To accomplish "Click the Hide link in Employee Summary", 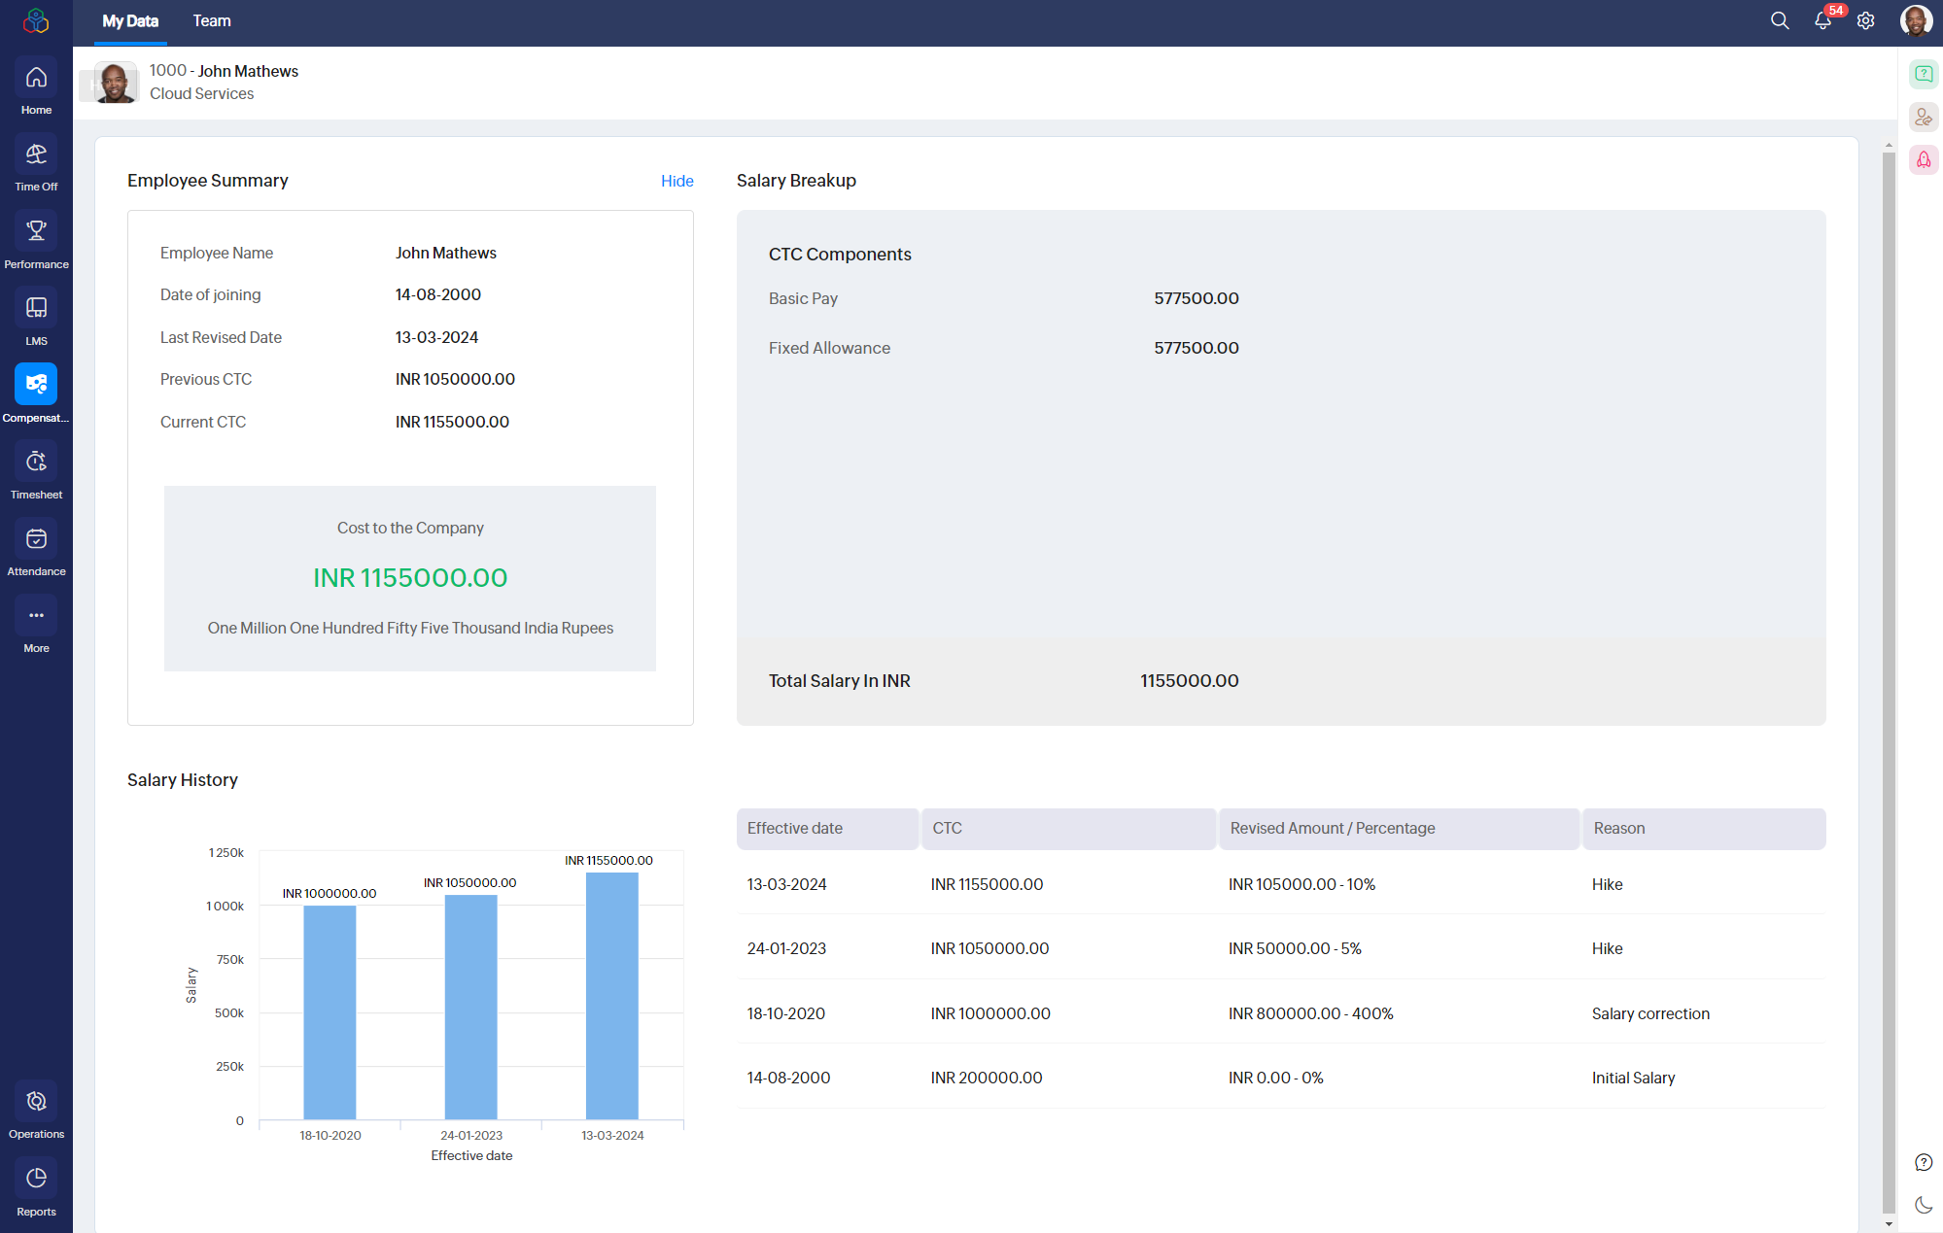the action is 677,181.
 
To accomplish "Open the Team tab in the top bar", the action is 212,21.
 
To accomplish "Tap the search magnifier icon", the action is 1780,20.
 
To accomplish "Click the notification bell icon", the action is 1822,20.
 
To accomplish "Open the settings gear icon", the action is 1865,20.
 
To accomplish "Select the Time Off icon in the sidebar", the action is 36,154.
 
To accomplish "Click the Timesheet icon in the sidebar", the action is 36,462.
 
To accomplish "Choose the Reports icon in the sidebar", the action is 36,1179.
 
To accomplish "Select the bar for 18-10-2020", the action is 330,1012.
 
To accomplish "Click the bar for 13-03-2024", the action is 612,996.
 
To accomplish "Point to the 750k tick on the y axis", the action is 230,960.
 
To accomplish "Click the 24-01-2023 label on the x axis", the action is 471,1136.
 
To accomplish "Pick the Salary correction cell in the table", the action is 1650,1014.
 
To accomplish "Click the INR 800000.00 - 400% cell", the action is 1310,1014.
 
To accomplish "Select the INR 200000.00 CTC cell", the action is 987,1079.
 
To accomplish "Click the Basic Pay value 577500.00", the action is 1197,299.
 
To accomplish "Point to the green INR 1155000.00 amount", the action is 410,578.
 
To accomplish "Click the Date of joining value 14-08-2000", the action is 438,295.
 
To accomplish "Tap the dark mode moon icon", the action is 1924,1206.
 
